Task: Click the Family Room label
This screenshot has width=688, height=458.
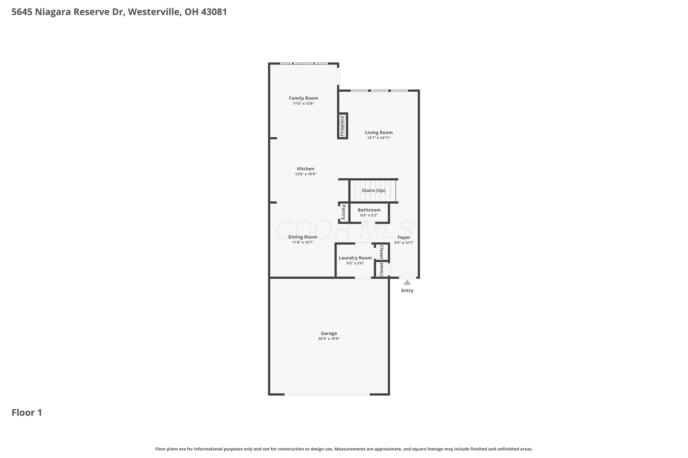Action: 303,98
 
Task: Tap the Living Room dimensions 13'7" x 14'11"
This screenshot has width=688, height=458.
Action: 379,138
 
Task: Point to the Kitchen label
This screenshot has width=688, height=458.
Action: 305,169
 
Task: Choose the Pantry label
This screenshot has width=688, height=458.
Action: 343,212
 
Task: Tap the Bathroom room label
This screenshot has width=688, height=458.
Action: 369,210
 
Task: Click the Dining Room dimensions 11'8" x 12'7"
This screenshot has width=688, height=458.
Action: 303,243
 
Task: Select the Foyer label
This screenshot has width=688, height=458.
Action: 404,237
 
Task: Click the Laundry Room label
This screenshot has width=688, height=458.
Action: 355,258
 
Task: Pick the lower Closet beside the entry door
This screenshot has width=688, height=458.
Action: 381,269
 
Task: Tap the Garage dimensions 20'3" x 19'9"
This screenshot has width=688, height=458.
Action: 329,339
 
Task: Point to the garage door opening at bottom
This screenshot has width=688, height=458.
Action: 327,394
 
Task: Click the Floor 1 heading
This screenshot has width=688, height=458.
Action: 27,413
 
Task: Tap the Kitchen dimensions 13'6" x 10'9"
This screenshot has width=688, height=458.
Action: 305,174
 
